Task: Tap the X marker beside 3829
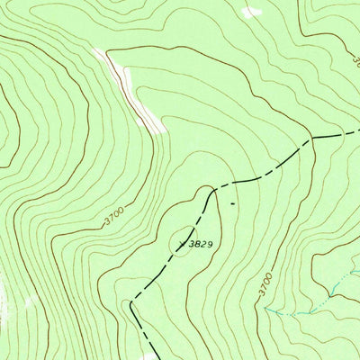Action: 183,242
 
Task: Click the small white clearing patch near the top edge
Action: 251,12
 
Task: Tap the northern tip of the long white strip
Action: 101,51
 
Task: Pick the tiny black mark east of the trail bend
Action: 232,202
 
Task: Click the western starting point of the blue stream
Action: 265,309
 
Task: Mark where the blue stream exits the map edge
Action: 359,271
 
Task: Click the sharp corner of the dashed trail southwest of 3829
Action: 131,302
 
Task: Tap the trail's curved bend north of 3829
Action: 212,190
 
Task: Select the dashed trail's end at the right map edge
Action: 359,131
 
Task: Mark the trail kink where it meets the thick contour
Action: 310,141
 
